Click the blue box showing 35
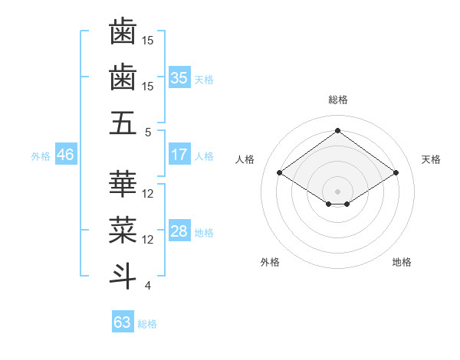[x=179, y=77]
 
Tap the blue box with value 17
[x=179, y=155]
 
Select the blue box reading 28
[x=179, y=231]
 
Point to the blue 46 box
[x=65, y=155]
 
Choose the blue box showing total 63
[x=122, y=322]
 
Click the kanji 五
[x=123, y=123]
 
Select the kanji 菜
[x=123, y=230]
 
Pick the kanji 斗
[x=123, y=276]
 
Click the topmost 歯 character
[x=123, y=32]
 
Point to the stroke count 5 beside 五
[x=148, y=133]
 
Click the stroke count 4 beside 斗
[x=148, y=286]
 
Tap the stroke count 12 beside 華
[x=148, y=193]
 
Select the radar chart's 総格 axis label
[x=337, y=100]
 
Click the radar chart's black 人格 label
[x=245, y=159]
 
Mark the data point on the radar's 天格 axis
[x=396, y=173]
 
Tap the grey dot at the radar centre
[x=337, y=191]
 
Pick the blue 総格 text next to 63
[x=147, y=324]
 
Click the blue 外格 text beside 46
[x=41, y=155]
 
